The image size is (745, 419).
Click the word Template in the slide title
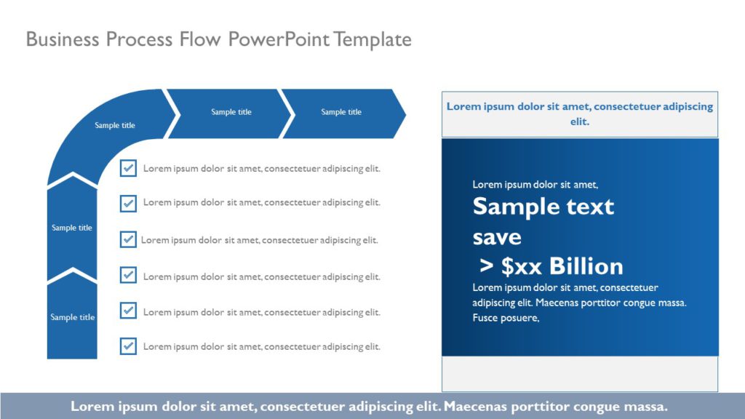point(372,39)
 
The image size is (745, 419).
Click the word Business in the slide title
point(63,39)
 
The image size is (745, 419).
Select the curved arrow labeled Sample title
point(109,127)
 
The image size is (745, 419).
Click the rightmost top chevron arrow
point(342,113)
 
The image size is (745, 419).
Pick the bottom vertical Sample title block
point(72,318)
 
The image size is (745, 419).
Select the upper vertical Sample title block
point(72,228)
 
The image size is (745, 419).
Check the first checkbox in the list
point(128,168)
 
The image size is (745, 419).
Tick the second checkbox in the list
point(128,203)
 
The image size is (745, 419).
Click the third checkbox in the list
point(128,239)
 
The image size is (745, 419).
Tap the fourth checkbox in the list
point(128,275)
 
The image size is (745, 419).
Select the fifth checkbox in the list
point(128,311)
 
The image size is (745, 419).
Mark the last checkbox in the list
point(128,346)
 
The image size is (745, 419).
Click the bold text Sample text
point(543,207)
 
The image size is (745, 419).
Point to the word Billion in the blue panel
point(586,266)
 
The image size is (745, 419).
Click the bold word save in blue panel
point(497,237)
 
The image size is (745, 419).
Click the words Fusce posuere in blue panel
point(506,318)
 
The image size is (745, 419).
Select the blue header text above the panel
point(579,113)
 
